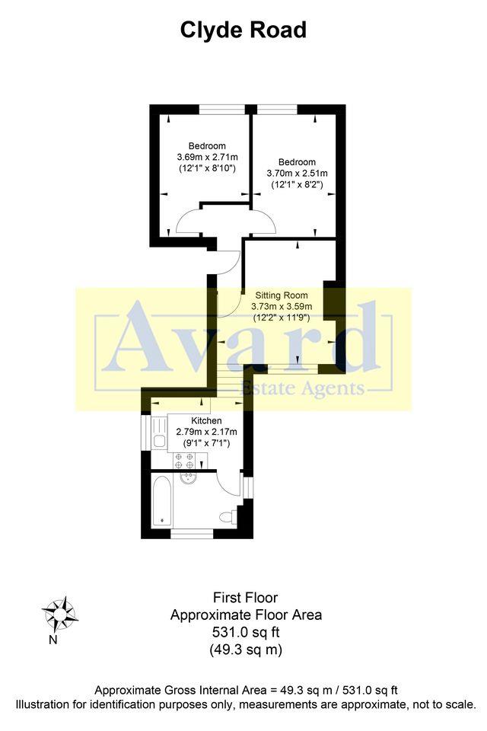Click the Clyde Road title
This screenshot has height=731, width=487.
[x=243, y=30]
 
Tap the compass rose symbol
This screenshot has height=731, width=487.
[x=59, y=612]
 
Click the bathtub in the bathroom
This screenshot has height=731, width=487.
[x=161, y=500]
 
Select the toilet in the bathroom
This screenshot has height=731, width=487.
[x=227, y=518]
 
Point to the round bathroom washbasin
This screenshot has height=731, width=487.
[x=190, y=477]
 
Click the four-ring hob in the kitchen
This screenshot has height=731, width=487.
[x=184, y=460]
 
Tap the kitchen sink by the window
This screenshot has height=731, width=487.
[x=159, y=440]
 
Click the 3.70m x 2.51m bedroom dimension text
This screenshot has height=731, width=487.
[x=296, y=173]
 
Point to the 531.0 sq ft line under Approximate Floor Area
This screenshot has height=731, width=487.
[x=246, y=631]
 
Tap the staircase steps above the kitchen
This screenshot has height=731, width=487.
[x=226, y=377]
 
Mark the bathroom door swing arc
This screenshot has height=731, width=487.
[x=228, y=482]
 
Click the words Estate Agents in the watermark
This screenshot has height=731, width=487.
[x=302, y=389]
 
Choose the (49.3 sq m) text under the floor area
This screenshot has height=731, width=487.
[x=246, y=650]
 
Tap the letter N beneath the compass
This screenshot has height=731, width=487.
[x=53, y=640]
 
